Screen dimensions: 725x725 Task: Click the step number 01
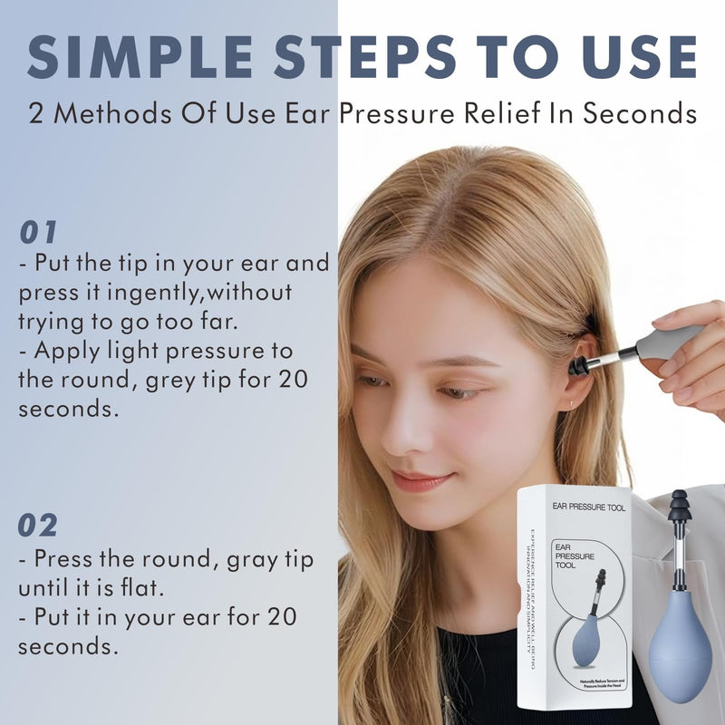point(38,232)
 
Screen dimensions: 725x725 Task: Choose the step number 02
point(38,525)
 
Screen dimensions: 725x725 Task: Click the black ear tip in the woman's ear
point(578,366)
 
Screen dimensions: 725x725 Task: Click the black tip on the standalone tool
point(679,510)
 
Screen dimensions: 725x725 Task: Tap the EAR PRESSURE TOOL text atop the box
point(580,507)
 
